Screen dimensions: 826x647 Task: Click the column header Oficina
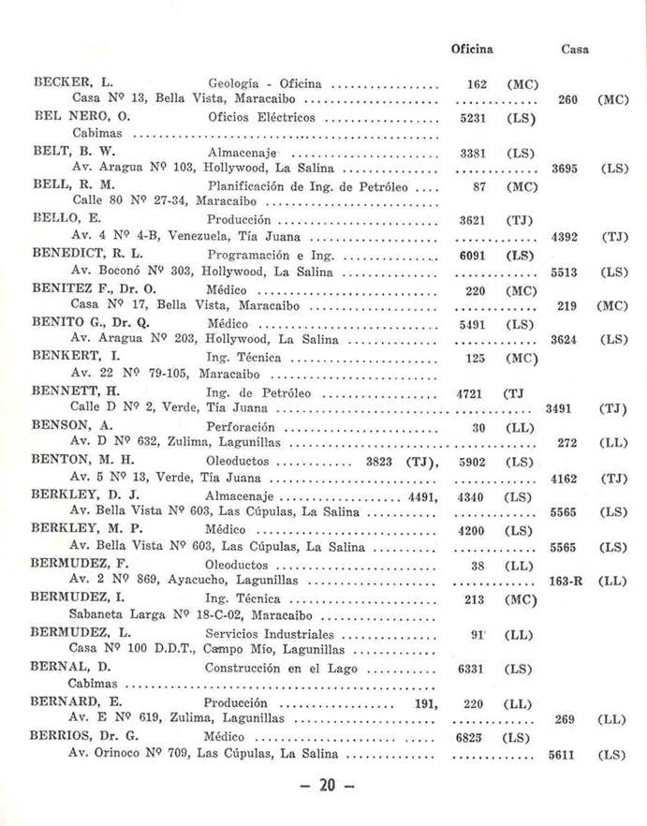click(x=472, y=49)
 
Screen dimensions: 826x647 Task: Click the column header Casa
click(x=574, y=49)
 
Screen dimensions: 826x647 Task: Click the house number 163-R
click(x=566, y=581)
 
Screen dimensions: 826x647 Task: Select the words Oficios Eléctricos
click(x=261, y=118)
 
